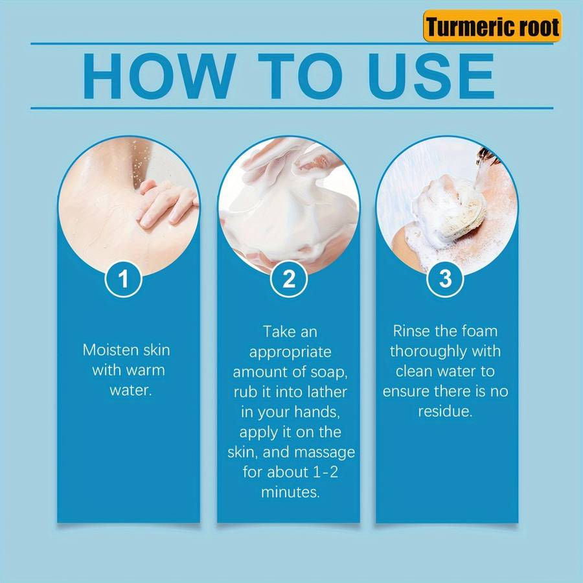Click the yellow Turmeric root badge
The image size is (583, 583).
coord(492,26)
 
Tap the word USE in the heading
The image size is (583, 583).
coord(431,76)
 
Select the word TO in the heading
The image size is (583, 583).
coord(300,76)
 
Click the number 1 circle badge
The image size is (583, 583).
coord(123,279)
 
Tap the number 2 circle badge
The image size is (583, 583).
coord(289,279)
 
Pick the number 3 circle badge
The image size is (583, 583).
coord(445,279)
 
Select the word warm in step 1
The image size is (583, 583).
coord(145,371)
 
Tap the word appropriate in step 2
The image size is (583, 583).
coord(290,352)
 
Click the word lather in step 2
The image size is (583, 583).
coord(327,392)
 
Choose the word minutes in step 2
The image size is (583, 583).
coord(290,492)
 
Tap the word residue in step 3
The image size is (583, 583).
coord(445,411)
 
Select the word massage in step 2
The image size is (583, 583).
coord(325,453)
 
